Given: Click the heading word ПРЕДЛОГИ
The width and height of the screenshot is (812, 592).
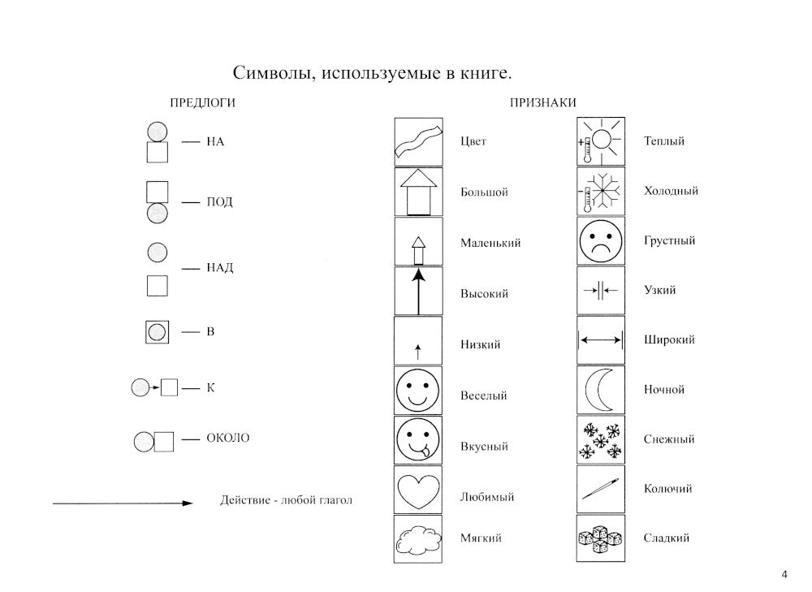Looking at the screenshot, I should [203, 103].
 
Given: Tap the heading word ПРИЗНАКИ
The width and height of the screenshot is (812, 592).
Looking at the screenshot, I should [543, 103].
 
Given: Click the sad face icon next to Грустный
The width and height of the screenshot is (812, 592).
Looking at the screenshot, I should [600, 240].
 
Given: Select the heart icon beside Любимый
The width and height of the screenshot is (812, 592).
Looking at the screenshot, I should [417, 490].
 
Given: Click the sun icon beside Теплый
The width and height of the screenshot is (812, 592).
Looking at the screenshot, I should [600, 141].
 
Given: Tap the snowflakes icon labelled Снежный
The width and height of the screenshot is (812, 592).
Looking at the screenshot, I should [600, 439].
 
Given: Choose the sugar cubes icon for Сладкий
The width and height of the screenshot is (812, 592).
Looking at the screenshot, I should [600, 538].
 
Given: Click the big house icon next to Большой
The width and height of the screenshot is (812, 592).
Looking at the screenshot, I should [417, 192].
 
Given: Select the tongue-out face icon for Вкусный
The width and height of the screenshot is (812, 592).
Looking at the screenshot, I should [417, 440].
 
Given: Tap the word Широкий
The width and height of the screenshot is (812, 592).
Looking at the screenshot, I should [669, 339].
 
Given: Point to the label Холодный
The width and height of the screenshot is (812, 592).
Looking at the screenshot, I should [671, 191].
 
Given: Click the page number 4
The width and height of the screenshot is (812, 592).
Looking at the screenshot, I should [784, 575].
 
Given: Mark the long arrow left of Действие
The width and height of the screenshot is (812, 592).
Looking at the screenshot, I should [122, 503].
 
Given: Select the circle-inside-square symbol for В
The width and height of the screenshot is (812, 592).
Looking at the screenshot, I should [156, 332].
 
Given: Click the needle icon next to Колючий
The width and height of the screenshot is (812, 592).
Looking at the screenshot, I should [600, 489].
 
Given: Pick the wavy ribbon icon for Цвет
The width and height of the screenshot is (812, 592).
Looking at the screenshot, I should [417, 142].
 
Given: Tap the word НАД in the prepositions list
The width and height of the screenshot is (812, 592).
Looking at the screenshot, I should [219, 268].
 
